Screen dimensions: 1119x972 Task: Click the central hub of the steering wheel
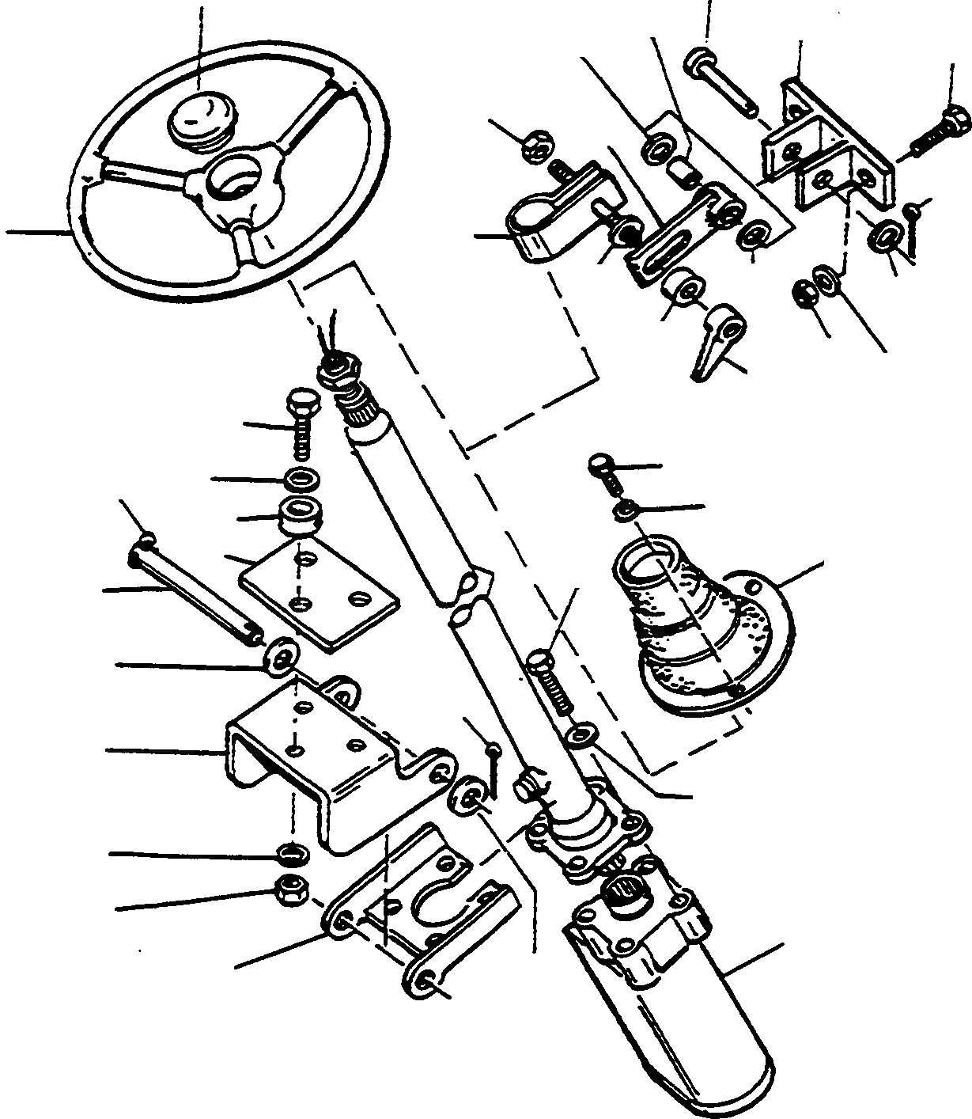coord(234,177)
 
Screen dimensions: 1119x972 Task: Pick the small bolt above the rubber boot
coord(605,468)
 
